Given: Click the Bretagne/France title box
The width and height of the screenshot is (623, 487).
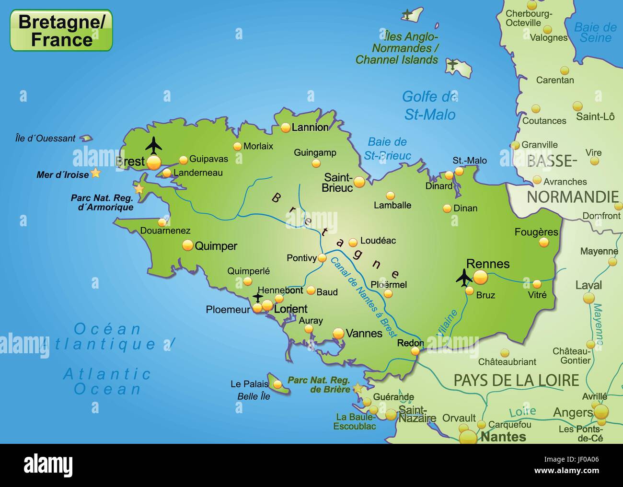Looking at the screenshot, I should [61, 30].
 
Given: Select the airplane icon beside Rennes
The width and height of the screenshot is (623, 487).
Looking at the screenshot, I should [463, 278].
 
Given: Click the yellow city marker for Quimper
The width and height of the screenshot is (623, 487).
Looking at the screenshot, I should [187, 245].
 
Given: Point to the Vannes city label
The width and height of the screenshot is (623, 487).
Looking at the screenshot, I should [364, 333].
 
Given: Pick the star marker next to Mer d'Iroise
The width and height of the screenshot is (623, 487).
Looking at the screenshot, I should [96, 173].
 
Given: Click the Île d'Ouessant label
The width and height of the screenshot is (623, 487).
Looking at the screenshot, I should [45, 139].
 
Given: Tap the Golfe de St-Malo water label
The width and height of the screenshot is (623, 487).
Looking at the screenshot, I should [429, 105].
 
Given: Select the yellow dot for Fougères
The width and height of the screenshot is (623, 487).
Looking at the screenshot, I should [543, 243].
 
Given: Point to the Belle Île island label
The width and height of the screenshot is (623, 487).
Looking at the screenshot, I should [254, 396].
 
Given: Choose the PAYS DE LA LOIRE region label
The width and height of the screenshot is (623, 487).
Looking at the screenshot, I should [516, 380].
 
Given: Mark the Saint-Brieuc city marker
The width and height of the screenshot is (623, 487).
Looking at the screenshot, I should [359, 181].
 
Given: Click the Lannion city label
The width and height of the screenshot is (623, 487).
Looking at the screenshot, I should [310, 128].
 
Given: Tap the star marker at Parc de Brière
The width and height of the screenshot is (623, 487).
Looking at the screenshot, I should [358, 388].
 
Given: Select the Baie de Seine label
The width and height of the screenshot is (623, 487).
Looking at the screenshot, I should [595, 32].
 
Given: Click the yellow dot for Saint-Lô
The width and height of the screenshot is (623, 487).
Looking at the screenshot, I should [577, 105].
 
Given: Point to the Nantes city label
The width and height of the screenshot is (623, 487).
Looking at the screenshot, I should [503, 437].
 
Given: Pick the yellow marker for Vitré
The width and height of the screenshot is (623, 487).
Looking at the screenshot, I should [537, 284].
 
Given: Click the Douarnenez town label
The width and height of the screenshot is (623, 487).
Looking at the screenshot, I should [165, 231].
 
